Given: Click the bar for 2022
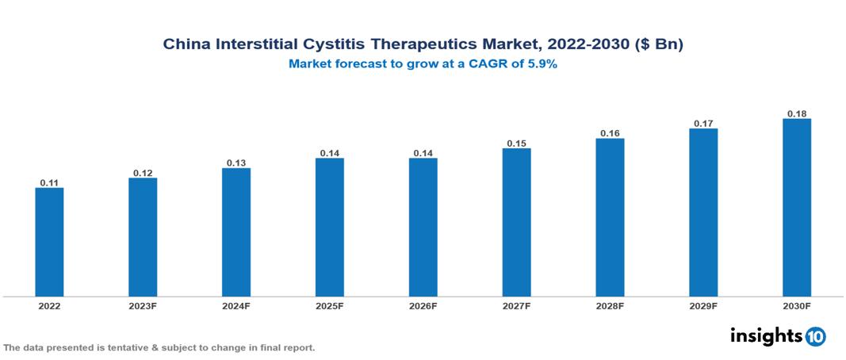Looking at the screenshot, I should pos(49,242).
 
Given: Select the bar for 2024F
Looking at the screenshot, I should pos(236,232).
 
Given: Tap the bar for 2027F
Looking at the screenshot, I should pos(516,222).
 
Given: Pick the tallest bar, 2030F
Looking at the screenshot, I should pos(797,208).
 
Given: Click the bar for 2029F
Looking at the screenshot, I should pos(703,213).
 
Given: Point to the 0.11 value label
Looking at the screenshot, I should pos(49,182).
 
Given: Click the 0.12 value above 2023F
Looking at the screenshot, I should pos(143,173).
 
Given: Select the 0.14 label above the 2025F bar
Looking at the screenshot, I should pos(330,152).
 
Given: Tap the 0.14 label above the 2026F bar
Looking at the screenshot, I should pos(423,152).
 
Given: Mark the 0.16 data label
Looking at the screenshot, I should pos(610,133).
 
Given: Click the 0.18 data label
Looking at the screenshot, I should pos(797,113).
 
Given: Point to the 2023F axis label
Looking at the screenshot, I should pos(143,305).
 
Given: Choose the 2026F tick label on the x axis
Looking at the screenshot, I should pos(423,305).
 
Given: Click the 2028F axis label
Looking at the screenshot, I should pos(610,305).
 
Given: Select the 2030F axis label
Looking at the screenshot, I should pos(797,305).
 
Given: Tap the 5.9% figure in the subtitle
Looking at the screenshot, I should pos(541,64).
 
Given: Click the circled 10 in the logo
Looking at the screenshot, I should pos(816,336).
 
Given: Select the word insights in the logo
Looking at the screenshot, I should pos(766,335).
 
